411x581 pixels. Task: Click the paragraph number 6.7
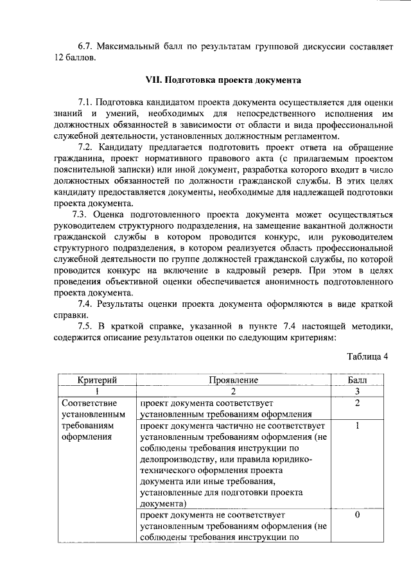tap(86, 47)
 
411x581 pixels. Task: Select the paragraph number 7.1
tap(86, 103)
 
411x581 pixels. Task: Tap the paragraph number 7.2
tap(86, 148)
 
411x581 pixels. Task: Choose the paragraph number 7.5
tap(86, 327)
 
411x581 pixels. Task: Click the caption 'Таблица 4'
tap(367, 357)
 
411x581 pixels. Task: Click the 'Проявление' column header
tap(233, 381)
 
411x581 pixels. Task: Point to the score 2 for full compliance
tap(356, 403)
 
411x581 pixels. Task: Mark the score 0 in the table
tap(356, 516)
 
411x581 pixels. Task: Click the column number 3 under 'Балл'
tap(356, 392)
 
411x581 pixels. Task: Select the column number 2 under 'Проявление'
tap(233, 392)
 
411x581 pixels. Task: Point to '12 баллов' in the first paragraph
tap(75, 58)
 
